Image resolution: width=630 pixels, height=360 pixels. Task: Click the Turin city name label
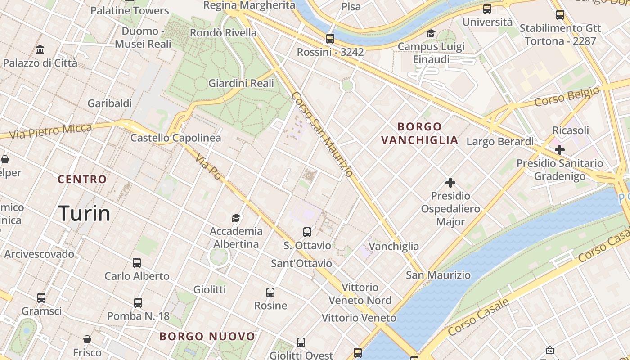(85, 213)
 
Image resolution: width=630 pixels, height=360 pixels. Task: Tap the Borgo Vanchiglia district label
(420, 133)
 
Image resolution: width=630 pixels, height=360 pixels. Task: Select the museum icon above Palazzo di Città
(40, 49)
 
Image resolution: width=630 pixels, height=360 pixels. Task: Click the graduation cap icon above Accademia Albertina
(236, 218)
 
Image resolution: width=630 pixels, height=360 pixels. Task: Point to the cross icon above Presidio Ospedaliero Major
(450, 183)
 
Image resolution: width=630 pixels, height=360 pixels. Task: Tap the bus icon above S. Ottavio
(307, 232)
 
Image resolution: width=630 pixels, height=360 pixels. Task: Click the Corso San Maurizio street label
(322, 135)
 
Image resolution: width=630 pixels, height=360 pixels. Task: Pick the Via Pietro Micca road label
(50, 131)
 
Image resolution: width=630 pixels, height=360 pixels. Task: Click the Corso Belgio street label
(567, 96)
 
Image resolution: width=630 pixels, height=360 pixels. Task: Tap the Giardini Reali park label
(241, 83)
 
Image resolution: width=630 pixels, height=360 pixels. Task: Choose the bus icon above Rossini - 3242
(330, 39)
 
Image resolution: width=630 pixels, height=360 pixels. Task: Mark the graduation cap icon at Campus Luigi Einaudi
(431, 34)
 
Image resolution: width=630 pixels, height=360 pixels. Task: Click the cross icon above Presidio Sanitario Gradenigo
(559, 150)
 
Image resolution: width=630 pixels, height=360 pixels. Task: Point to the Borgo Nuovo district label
(207, 336)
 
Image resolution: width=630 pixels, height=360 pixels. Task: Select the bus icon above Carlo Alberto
(137, 263)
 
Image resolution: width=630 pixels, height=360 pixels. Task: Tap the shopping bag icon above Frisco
(87, 339)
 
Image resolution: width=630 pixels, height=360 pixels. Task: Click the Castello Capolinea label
(175, 138)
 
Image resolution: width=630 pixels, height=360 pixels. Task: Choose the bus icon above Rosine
(270, 292)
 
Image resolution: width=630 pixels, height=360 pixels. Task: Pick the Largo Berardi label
(500, 142)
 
